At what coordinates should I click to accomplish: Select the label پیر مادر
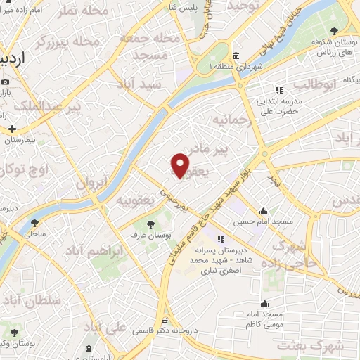pos(231,150)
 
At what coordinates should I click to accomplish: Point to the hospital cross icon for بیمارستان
pos(13,130)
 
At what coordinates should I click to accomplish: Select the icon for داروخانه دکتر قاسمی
pos(166,320)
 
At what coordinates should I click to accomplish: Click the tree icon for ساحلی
pos(34,224)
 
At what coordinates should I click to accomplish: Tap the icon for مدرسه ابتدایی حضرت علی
pos(278,90)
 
